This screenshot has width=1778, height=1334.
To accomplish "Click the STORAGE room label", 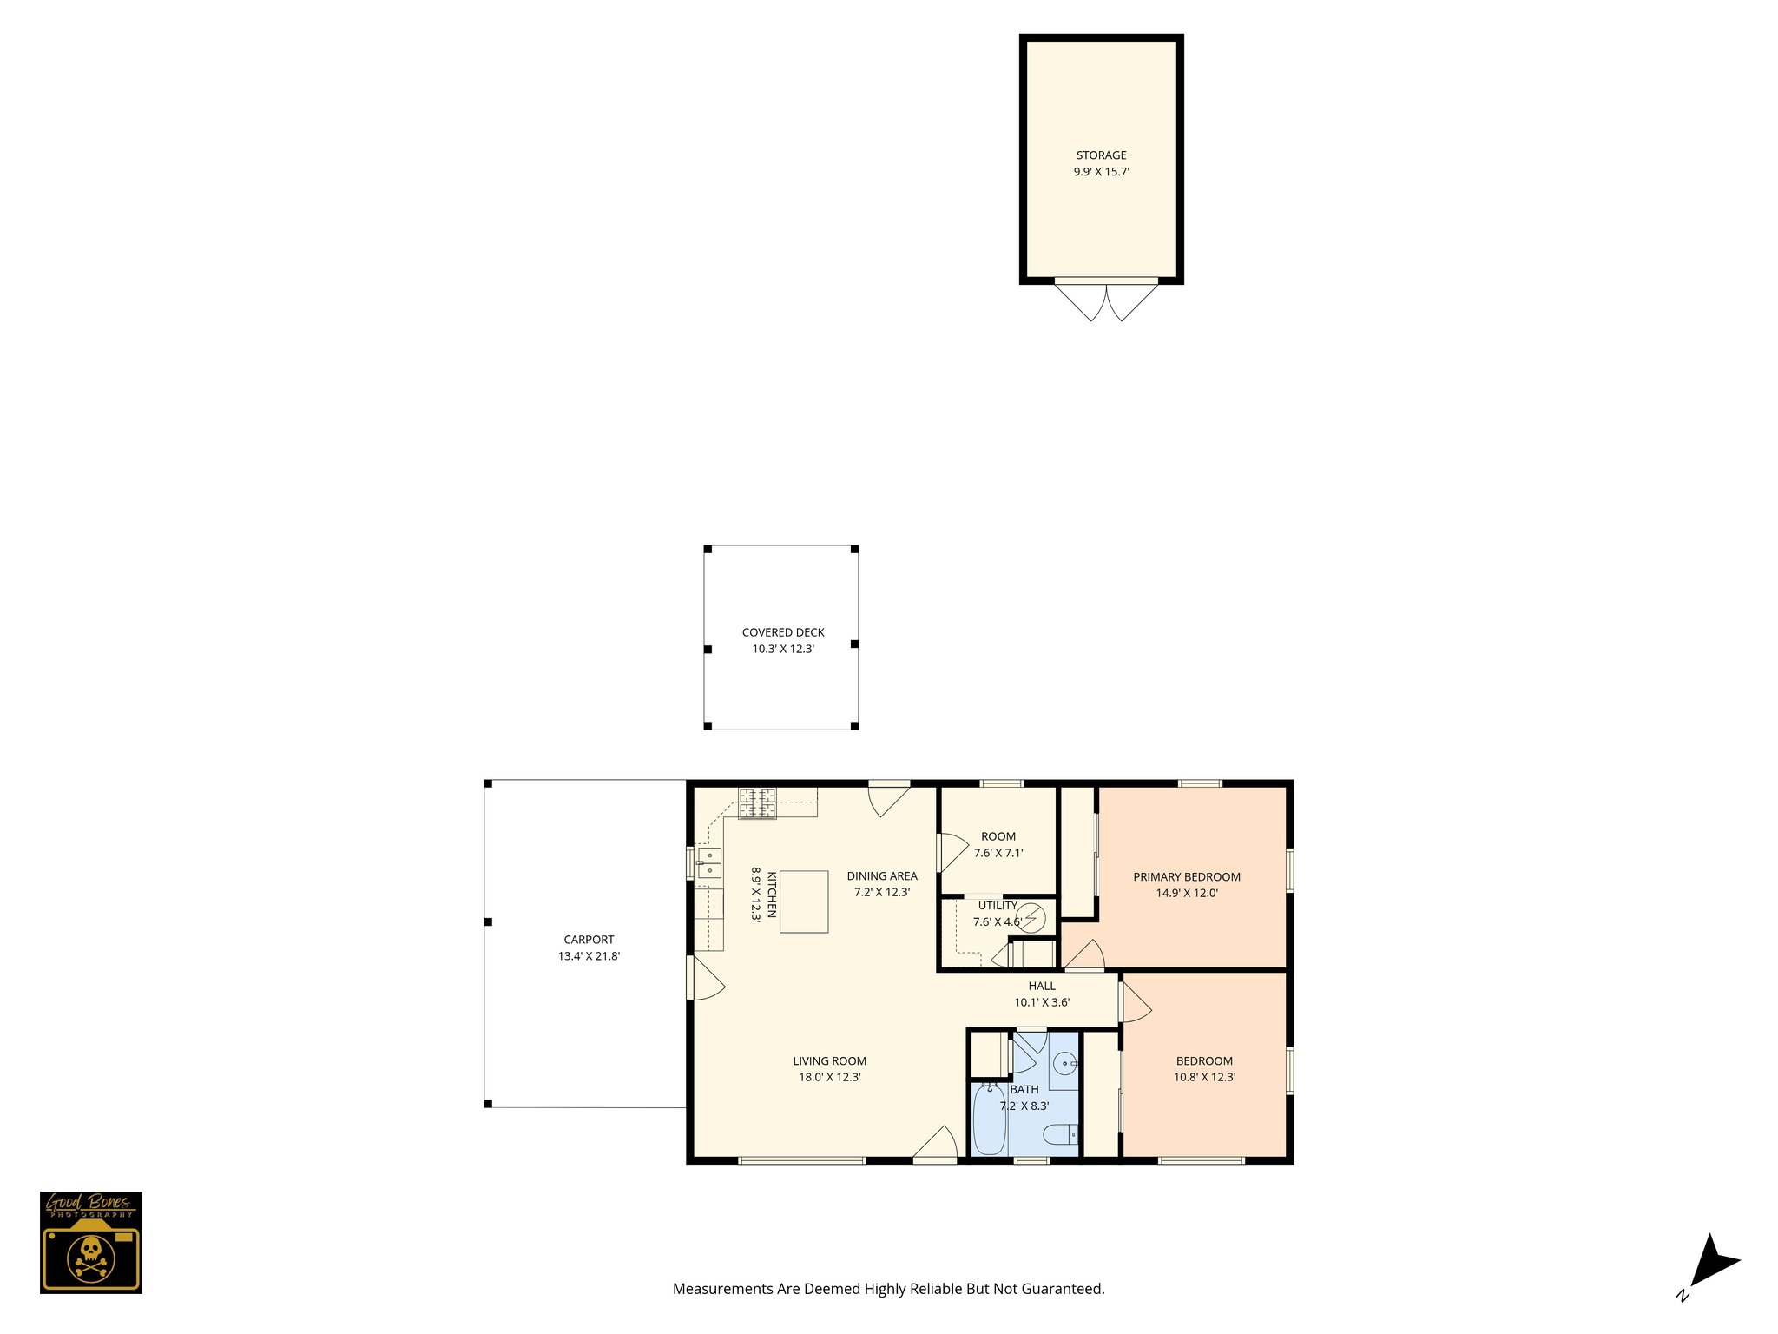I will click(x=1101, y=155).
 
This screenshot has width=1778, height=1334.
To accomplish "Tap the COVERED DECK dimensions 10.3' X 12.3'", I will click(x=783, y=649).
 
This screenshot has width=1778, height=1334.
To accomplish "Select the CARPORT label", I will click(x=589, y=940).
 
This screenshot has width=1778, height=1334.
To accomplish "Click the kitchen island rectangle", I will click(x=803, y=901).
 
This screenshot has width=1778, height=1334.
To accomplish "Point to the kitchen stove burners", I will click(x=757, y=802).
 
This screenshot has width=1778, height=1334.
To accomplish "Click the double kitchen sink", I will click(x=709, y=862).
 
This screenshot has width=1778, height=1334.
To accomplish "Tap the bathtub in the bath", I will click(x=989, y=1119).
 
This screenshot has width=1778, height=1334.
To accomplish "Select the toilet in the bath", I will click(x=1060, y=1134).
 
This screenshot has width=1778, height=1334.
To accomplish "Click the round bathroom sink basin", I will click(x=1065, y=1063).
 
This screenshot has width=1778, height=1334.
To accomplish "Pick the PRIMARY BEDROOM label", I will click(x=1186, y=876).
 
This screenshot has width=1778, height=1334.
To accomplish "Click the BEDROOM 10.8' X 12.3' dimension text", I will click(x=1204, y=1077).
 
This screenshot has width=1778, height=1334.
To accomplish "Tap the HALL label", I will click(x=1042, y=986).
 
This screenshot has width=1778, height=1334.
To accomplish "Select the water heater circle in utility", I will click(x=1032, y=917).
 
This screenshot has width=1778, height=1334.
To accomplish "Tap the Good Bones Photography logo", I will click(x=91, y=1242).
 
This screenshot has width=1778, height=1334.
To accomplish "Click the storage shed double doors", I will click(x=1106, y=300).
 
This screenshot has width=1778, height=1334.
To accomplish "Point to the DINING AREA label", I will click(x=882, y=875).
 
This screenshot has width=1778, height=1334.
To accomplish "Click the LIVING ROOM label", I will click(x=829, y=1060).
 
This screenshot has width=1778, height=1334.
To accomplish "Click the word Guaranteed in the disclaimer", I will click(x=1064, y=1289).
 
